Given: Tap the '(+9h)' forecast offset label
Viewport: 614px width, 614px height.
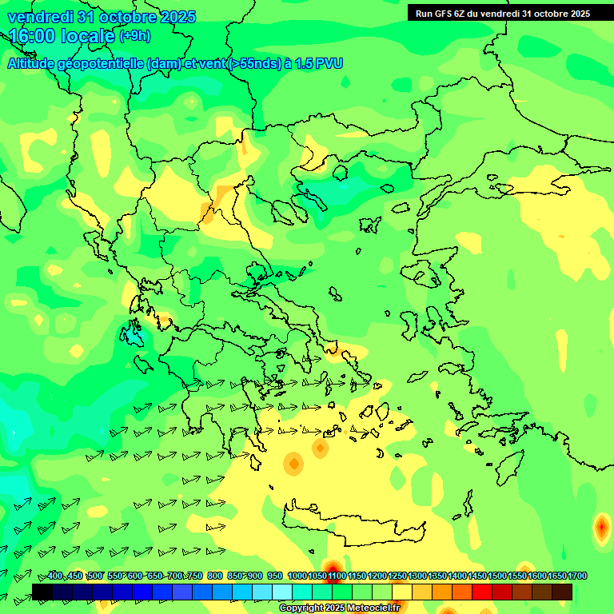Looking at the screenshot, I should click(134, 36).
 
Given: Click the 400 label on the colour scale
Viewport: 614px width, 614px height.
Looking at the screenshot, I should click(54, 576).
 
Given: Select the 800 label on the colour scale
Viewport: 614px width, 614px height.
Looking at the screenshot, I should click(214, 576).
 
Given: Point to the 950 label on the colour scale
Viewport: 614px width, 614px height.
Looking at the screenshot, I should click(274, 576).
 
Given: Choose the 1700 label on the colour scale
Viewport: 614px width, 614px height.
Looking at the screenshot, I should click(577, 576).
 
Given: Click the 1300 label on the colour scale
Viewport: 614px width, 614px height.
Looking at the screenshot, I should click(417, 576).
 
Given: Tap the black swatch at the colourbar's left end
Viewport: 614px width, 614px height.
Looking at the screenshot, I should click(42, 592).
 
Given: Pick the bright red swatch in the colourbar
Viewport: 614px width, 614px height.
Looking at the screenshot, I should click(482, 592).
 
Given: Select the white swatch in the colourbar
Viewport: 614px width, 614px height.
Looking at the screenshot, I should click(282, 592).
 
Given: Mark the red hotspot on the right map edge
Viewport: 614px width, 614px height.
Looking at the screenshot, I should click(600, 528).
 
